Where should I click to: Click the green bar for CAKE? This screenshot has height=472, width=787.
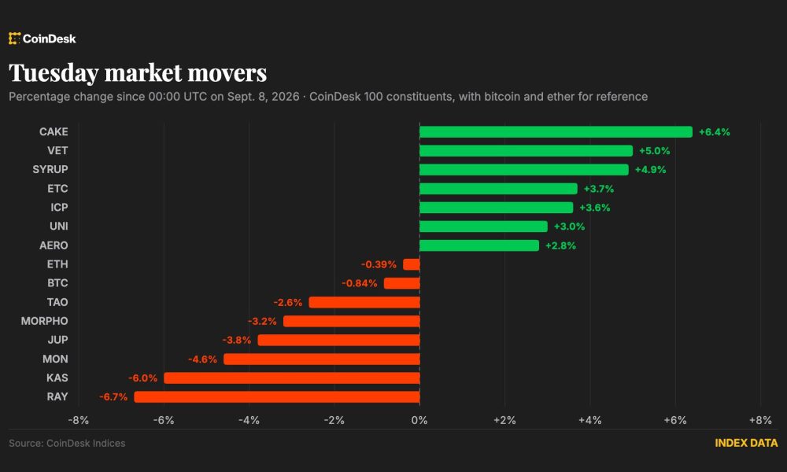pos(556,132)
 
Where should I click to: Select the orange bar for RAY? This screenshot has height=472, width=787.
pos(276,396)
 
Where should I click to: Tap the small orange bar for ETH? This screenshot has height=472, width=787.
pos(411,264)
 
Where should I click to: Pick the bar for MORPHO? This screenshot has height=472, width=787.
pos(351,321)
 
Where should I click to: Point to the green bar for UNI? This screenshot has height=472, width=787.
pos(483,227)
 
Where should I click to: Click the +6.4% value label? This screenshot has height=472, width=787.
pos(715,132)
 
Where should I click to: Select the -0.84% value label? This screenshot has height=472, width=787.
pos(360,283)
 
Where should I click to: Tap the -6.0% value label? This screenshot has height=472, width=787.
pos(142,378)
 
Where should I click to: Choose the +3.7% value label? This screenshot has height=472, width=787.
pos(599,189)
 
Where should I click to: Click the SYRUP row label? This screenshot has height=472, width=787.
pos(50,170)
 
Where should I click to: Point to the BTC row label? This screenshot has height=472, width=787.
pos(57,283)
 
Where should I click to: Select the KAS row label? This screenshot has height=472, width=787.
pos(57,378)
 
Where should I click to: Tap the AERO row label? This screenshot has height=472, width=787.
pos(54,245)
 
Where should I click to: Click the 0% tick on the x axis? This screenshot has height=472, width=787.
pos(419,420)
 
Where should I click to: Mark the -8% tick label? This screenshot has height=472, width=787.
pos(78,420)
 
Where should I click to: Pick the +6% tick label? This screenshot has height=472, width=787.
pos(675,420)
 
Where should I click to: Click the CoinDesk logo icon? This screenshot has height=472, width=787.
pos(14,39)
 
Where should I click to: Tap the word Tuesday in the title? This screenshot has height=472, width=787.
pos(54,73)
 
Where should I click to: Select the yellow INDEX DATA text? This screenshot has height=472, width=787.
pos(746,443)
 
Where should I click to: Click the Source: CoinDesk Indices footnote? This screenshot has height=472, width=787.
pos(67,444)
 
